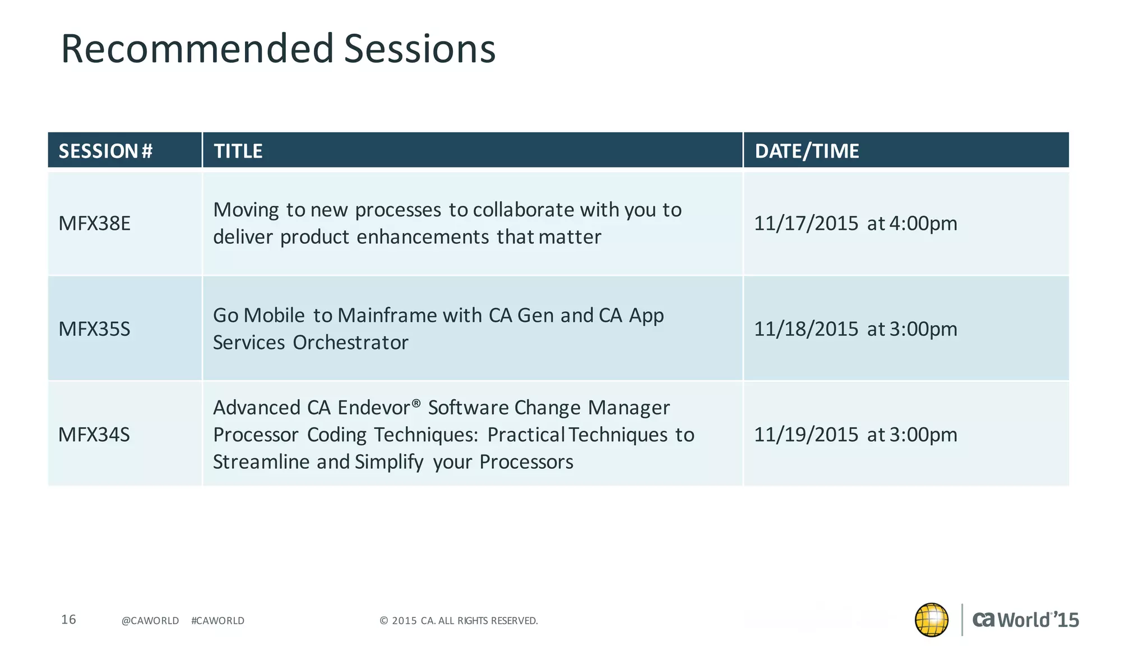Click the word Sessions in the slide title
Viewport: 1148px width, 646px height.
419,48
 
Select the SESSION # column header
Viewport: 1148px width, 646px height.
105,151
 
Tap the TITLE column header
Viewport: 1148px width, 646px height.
238,151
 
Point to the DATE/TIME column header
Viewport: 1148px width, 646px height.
807,151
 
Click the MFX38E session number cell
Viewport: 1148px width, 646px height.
94,223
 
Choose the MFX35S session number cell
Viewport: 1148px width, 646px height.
94,329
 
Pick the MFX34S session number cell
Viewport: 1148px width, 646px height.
94,435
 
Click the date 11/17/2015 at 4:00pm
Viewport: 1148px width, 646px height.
855,223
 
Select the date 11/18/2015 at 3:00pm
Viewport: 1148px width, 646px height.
855,329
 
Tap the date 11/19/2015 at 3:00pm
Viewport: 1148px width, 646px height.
855,435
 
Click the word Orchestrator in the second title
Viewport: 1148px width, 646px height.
350,343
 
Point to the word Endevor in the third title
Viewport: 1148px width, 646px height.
374,408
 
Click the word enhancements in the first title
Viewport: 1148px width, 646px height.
423,237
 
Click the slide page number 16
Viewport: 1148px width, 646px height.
68,619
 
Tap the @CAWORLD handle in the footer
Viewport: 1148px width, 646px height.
150,621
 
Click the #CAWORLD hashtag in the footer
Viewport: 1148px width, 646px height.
217,621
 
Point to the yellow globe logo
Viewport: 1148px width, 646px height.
931,620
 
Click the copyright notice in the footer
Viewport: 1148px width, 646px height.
459,621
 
